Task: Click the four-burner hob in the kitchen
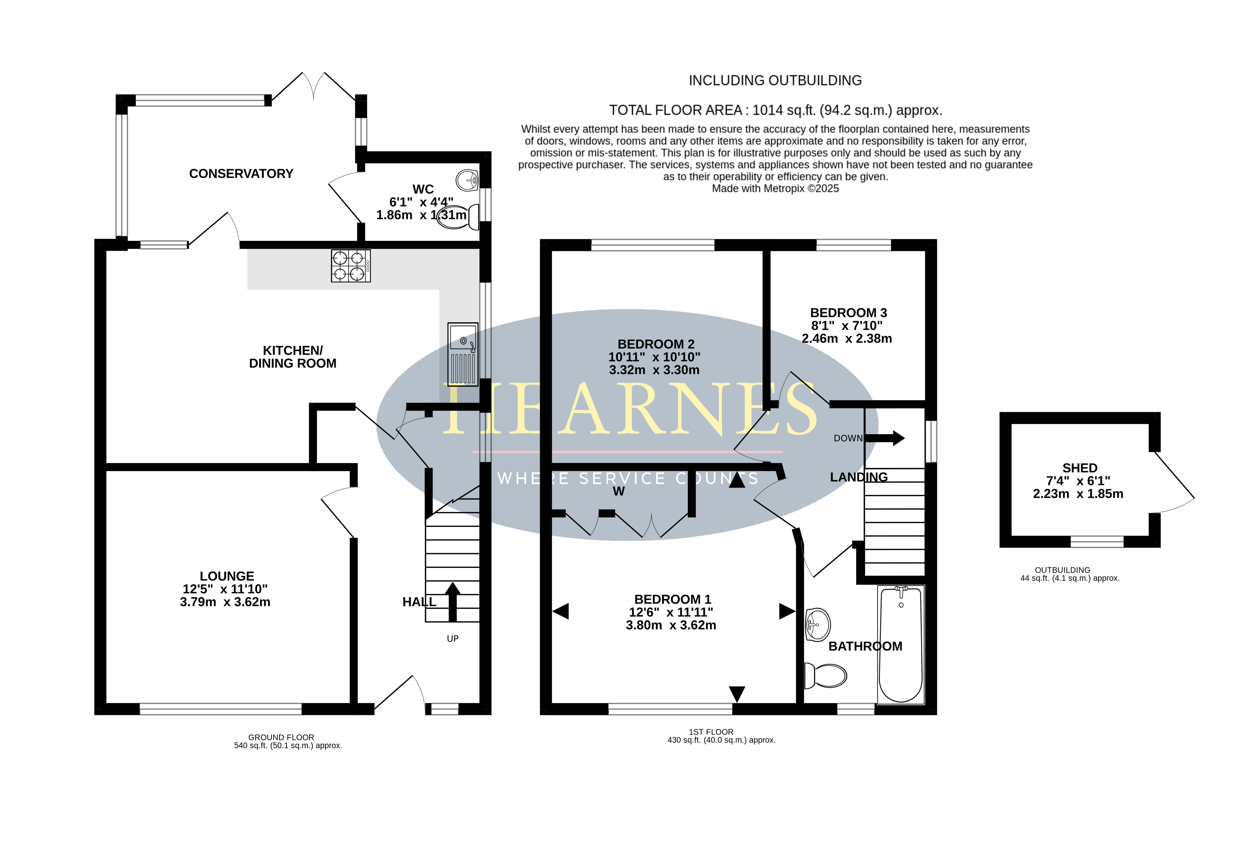pos(351,266)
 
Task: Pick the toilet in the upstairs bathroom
pos(825,675)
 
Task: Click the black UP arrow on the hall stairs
pos(452,602)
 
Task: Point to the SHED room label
pos(1080,468)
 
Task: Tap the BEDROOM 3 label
pos(848,313)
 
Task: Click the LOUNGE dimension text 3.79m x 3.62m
pos(225,602)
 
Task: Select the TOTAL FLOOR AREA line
pos(775,111)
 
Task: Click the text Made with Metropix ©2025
pos(775,188)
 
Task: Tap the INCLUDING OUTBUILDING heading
pos(775,80)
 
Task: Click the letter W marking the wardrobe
pos(619,491)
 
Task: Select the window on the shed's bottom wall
pos(1097,542)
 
